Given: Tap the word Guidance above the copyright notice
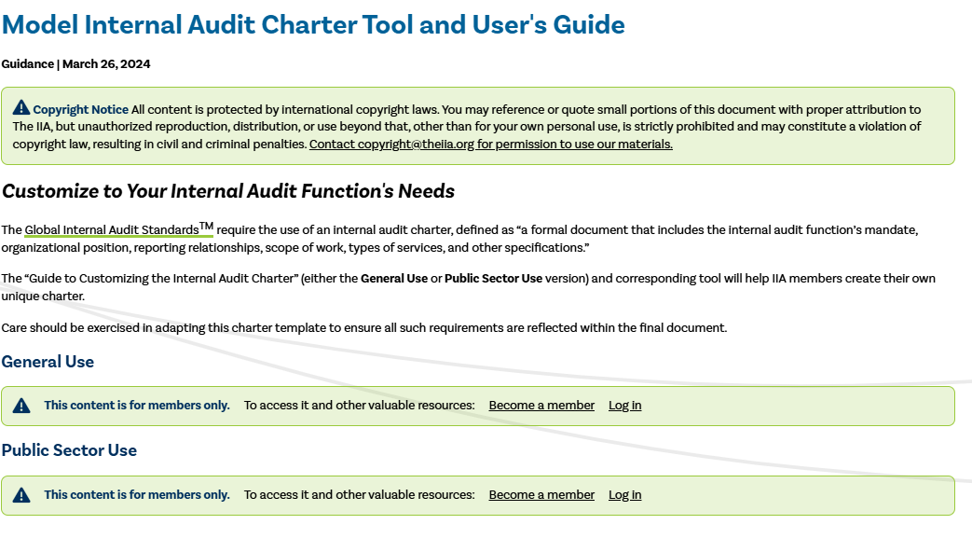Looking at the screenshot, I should click(x=27, y=64).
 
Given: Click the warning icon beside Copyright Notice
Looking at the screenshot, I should click(x=21, y=109).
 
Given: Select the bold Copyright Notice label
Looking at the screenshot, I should click(x=81, y=110).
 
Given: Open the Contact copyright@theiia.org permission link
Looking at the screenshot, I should click(x=490, y=145).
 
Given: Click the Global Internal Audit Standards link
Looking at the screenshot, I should click(x=112, y=229).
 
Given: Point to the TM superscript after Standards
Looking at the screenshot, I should click(x=207, y=226).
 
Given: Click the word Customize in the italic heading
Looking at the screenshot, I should click(x=49, y=191).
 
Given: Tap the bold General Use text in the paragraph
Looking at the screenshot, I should click(x=394, y=279).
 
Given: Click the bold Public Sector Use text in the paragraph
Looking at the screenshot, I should click(x=493, y=279).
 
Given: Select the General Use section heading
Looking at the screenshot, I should click(x=48, y=362).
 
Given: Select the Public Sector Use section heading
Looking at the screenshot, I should click(x=69, y=450).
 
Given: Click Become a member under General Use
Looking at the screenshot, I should click(x=541, y=406).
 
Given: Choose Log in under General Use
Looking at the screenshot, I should click(x=624, y=406).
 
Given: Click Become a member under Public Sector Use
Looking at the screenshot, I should click(x=541, y=495).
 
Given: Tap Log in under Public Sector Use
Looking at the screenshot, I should click(x=624, y=495).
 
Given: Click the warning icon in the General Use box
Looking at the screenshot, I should click(x=21, y=406).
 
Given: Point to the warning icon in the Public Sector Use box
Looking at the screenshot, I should click(x=21, y=495).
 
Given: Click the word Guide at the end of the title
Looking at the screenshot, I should click(x=588, y=24).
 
